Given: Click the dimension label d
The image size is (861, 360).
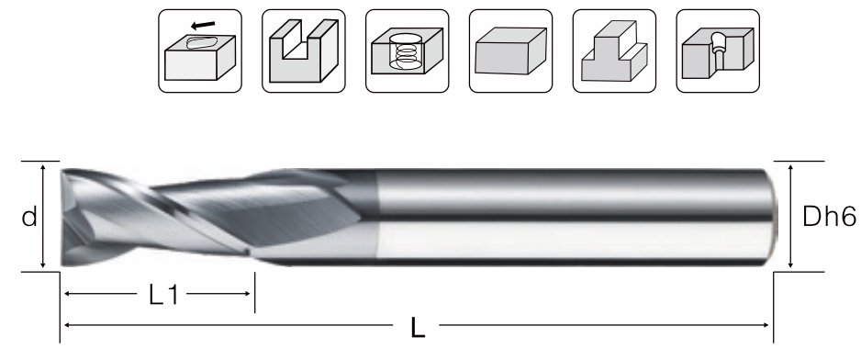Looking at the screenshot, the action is pos(29,217).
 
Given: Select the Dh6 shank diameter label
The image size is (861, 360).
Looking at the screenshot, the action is pos(829,217).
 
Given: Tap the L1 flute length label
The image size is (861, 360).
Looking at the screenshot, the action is pos(163,295).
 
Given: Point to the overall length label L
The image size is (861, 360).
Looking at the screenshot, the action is pos(418,328).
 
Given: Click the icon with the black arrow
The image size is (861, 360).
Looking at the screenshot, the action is pos(200,51).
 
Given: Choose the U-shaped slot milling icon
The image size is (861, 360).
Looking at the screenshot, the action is pos(304,51).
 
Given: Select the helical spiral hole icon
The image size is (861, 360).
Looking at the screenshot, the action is pos(407,51).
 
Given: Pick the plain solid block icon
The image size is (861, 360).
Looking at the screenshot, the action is pos(510,51).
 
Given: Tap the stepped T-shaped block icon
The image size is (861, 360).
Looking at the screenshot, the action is pos(614,51).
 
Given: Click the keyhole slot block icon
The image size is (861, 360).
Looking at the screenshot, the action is pos(718,51).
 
